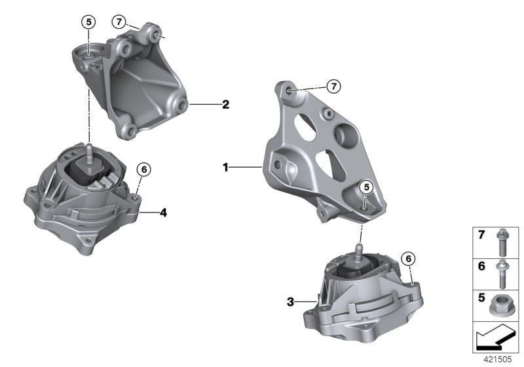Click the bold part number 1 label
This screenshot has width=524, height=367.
pyautogui.click(x=225, y=168)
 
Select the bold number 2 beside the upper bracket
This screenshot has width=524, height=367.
pyautogui.click(x=225, y=104)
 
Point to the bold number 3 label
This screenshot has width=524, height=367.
pyautogui.click(x=290, y=302)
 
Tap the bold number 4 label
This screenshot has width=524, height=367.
pyautogui.click(x=164, y=212)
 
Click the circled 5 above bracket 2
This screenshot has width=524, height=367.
pyautogui.click(x=88, y=22)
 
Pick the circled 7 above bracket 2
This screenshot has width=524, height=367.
pyautogui.click(x=119, y=22)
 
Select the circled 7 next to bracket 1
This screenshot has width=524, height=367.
pyautogui.click(x=333, y=86)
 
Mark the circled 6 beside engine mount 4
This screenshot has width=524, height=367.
pyautogui.click(x=143, y=169)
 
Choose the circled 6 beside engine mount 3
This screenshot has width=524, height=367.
pyautogui.click(x=407, y=258)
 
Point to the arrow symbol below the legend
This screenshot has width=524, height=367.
pyautogui.click(x=496, y=338)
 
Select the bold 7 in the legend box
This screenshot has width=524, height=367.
pyautogui.click(x=480, y=235)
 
